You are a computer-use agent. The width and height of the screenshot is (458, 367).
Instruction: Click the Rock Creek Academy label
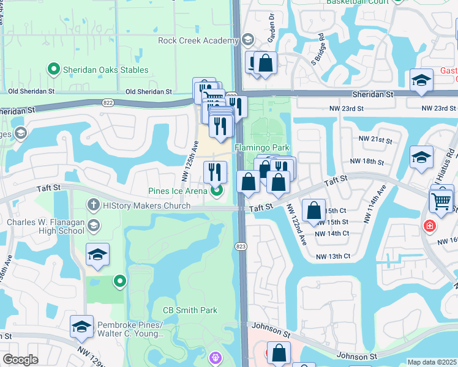197,41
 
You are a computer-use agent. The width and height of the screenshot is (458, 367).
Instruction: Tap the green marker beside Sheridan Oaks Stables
53,70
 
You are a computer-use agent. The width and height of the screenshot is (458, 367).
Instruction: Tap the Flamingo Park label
262,148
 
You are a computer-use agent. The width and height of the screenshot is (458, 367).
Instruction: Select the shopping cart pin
441,199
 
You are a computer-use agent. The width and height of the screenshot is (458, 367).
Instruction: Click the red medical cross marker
430,226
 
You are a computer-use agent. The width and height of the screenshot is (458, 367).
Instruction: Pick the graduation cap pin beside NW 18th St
421,157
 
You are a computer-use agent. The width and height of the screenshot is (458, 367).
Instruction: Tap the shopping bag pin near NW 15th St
313,210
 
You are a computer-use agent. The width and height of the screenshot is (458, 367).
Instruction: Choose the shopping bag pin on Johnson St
279,352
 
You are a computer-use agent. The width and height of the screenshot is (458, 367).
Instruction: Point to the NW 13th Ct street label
331,256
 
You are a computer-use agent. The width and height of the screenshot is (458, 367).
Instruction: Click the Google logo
20,360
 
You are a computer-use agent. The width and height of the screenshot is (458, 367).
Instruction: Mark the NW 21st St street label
376,140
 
